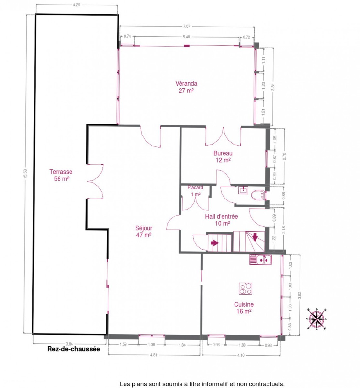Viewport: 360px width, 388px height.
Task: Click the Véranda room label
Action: (186, 87)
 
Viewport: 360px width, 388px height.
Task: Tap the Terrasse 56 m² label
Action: (61, 175)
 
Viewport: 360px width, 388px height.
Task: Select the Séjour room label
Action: (144, 231)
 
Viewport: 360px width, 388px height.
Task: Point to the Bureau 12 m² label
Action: (223, 156)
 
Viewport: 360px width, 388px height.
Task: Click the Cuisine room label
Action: (244, 307)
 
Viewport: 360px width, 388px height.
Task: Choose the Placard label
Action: (195, 188)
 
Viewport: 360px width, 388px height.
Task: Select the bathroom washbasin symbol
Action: (243, 190)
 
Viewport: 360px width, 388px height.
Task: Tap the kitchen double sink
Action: (260, 260)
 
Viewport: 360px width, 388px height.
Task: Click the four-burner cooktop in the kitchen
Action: (245, 288)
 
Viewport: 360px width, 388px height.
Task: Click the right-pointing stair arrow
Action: (214, 243)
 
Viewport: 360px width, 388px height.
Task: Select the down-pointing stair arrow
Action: (255, 237)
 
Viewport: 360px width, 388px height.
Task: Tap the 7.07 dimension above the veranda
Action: (186, 27)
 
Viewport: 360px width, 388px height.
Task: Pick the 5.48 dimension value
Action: (186, 37)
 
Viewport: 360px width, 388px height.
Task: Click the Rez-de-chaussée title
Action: (74, 349)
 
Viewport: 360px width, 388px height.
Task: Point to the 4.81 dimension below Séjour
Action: (154, 355)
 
